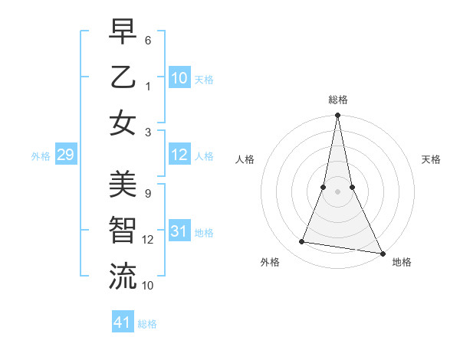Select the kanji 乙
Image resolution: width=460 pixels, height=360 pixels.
(123, 77)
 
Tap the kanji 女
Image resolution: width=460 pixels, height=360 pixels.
(123, 123)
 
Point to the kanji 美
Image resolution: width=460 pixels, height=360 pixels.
(123, 183)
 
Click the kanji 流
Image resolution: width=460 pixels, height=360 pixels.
(123, 277)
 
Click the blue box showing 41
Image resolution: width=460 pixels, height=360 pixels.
(123, 322)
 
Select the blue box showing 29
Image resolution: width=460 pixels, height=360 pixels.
(65, 155)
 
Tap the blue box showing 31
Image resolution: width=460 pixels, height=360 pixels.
(179, 232)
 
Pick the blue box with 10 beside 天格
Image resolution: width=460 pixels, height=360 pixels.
(179, 78)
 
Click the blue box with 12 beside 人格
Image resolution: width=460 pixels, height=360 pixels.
(179, 155)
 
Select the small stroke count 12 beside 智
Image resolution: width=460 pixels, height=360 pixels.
(148, 240)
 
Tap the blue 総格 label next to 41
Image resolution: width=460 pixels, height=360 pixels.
(147, 324)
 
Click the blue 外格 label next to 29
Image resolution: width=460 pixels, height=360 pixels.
(41, 156)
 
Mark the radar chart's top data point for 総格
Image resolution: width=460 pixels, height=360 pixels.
(337, 116)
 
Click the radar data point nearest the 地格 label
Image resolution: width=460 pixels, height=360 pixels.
(381, 252)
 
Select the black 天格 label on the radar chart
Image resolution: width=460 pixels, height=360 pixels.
(431, 159)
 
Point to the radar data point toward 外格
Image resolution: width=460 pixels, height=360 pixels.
(302, 242)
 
